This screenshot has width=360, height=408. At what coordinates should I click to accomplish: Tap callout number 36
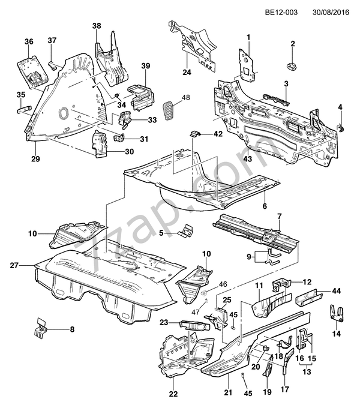point(28,41)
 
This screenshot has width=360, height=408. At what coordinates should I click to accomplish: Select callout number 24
point(187,73)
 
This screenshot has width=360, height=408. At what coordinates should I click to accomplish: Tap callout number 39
point(145,65)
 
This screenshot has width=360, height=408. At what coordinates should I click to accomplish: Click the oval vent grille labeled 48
point(169,110)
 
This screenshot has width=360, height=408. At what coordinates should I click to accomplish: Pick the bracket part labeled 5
point(188,231)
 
